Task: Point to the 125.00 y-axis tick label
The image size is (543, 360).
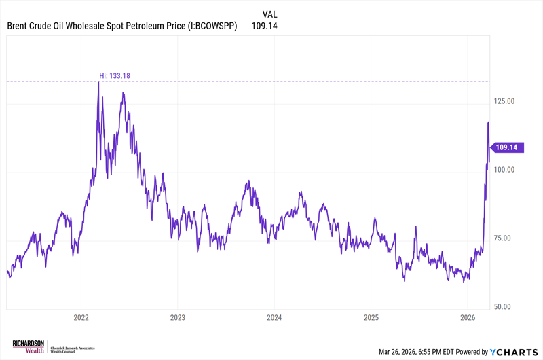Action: coord(504,101)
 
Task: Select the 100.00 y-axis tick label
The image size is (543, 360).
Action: coord(504,170)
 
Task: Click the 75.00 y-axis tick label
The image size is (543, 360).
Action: coord(503,238)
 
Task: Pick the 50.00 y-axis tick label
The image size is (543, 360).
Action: coord(503,307)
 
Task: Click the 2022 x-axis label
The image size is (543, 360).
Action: coord(81,317)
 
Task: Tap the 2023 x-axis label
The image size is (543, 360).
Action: coord(178,317)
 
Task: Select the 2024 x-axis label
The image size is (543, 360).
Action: coord(274,317)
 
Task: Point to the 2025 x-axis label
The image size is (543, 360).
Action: coord(371,317)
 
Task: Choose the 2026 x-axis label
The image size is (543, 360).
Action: coord(467,317)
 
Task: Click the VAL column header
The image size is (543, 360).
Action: coord(269,14)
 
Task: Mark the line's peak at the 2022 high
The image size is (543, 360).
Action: coord(98,82)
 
